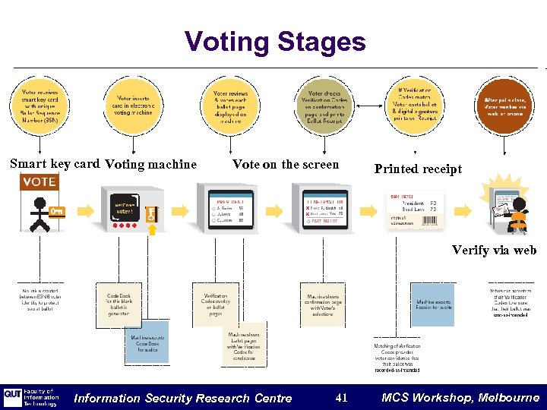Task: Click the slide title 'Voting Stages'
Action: point(275,42)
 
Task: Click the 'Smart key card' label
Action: point(55,163)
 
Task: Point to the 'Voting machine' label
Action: point(150,164)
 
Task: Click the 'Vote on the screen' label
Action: point(286,164)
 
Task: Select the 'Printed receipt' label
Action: point(418,169)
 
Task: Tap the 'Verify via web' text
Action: point(494,250)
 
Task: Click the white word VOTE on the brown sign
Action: point(39,182)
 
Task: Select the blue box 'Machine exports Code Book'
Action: point(147,342)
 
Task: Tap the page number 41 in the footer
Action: point(341,397)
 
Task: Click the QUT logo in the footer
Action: point(13,397)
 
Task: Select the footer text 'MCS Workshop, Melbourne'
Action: point(460,397)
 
